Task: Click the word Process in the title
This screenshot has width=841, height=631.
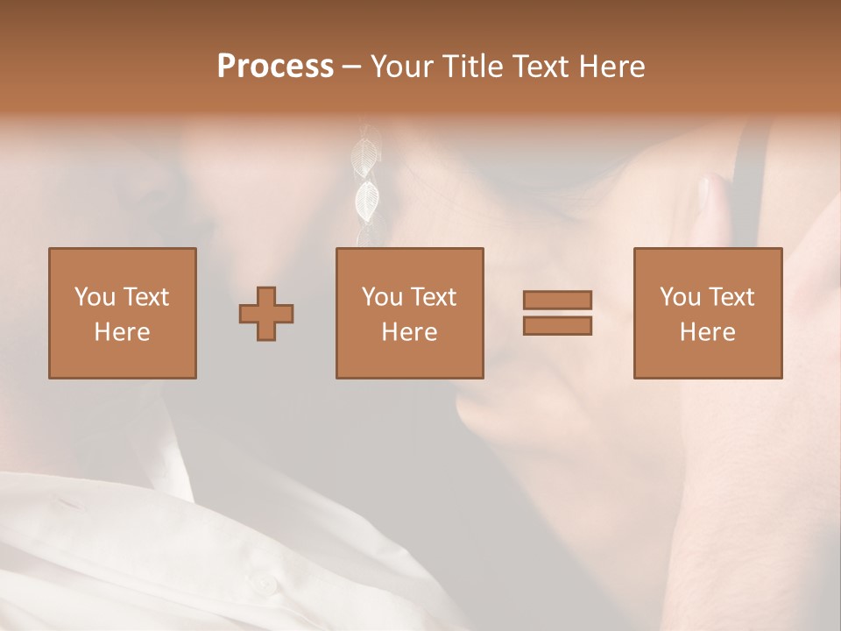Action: click(275, 67)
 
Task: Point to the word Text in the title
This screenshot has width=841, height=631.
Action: click(545, 67)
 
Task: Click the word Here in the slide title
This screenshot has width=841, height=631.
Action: click(614, 67)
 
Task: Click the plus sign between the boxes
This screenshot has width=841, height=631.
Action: click(266, 314)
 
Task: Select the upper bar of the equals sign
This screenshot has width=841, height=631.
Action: click(557, 300)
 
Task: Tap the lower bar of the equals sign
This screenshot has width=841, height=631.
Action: click(557, 325)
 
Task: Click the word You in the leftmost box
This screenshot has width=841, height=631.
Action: click(94, 297)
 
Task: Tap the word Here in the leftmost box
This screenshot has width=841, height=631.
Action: click(123, 332)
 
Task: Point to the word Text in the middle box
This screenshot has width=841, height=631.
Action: click(434, 297)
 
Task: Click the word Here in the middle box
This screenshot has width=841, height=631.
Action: click(410, 332)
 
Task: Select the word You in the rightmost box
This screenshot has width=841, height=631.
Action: click(679, 297)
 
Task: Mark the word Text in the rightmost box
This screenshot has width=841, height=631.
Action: click(731, 297)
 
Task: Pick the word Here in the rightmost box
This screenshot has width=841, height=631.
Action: click(708, 332)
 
